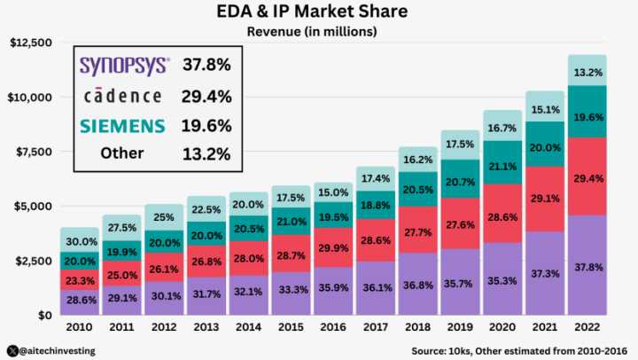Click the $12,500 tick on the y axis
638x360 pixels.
pyautogui.click(x=31, y=43)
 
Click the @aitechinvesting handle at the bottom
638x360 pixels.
pyautogui.click(x=58, y=350)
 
